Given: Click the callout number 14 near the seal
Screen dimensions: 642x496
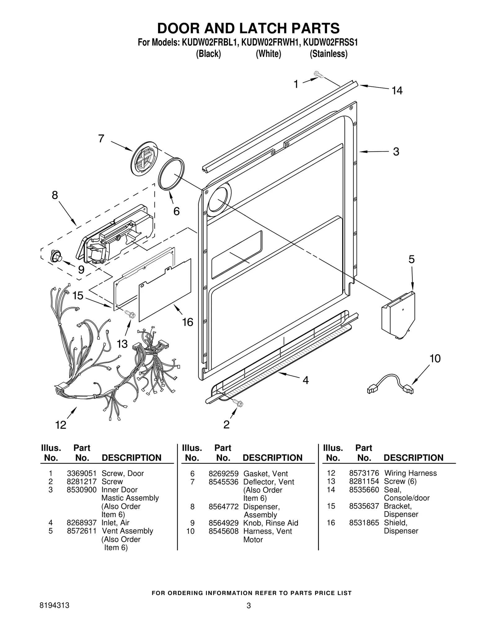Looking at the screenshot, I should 397,91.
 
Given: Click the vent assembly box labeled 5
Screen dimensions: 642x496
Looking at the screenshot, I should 398,315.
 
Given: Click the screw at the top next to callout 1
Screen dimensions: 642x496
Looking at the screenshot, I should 318,74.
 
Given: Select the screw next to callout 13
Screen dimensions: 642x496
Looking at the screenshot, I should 130,314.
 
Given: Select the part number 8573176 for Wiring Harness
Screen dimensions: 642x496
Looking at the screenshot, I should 364,473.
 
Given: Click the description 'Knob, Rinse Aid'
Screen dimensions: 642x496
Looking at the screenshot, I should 270,523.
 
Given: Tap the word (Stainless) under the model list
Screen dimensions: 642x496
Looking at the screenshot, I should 329,54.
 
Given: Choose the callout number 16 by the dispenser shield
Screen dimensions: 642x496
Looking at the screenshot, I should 187,322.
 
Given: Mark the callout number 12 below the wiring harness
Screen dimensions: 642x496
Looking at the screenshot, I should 61,425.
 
